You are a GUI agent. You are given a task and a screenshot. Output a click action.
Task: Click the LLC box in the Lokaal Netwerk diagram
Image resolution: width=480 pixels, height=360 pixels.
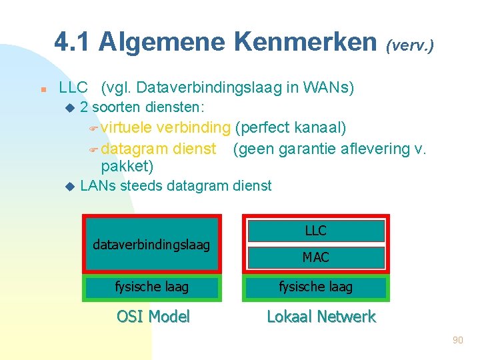pos(316,231)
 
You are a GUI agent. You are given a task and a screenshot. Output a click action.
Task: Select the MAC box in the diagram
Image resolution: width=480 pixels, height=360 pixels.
pos(316,257)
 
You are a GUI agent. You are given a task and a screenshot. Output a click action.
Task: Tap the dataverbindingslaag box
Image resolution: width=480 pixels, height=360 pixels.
pos(151,244)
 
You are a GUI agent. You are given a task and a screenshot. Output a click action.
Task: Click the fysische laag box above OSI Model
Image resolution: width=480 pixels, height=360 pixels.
pos(151,287)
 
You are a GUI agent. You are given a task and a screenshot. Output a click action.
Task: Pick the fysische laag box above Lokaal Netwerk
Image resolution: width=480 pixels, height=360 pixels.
pos(316,287)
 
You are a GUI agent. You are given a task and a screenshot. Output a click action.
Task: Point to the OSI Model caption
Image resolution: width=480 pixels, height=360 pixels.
pos(153,317)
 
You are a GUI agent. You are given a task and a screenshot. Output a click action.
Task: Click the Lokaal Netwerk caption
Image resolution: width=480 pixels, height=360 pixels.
pos(321,317)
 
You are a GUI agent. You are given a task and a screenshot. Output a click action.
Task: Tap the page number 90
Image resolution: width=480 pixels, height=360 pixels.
pos(457,340)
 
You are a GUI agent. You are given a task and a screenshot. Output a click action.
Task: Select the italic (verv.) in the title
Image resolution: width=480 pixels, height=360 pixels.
pos(410,45)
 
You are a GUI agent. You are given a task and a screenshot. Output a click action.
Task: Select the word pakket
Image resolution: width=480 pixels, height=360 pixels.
pos(124,165)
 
